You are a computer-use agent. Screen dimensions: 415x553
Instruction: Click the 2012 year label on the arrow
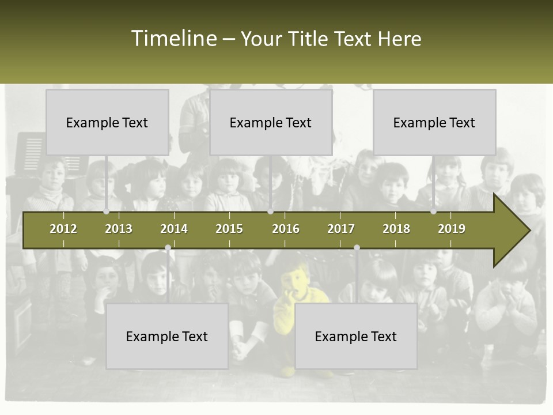(63, 229)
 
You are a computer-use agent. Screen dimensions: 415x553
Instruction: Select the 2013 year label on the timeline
(119, 229)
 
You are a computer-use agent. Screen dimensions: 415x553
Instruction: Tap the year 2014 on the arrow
(174, 229)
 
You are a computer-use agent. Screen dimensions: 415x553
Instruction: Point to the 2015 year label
(229, 229)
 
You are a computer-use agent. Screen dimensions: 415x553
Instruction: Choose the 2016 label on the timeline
(286, 229)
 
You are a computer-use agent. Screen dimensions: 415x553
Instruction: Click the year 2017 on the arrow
(341, 229)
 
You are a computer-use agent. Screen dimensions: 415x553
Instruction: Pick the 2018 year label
(396, 229)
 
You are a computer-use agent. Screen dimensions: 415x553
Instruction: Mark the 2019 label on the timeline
(452, 229)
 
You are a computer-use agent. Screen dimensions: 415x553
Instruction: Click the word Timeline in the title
(173, 39)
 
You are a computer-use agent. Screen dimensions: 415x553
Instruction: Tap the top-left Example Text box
(107, 122)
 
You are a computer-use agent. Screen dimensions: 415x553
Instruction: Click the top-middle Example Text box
(271, 122)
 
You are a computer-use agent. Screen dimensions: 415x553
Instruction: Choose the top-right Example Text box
(434, 122)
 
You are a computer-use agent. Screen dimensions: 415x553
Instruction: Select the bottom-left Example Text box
(167, 336)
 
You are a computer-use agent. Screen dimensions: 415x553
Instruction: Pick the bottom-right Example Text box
(356, 336)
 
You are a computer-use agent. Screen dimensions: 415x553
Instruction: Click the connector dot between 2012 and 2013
(106, 212)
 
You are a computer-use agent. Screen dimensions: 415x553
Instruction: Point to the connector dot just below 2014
(168, 248)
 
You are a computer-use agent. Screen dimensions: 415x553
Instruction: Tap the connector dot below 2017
(357, 248)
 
